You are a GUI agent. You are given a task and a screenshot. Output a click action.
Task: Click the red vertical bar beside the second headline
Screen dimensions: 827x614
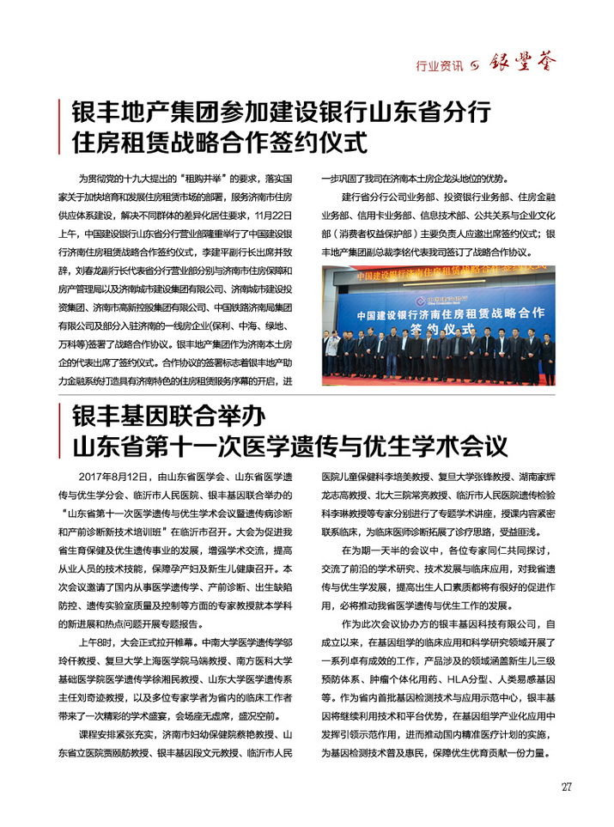coord(58,432)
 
